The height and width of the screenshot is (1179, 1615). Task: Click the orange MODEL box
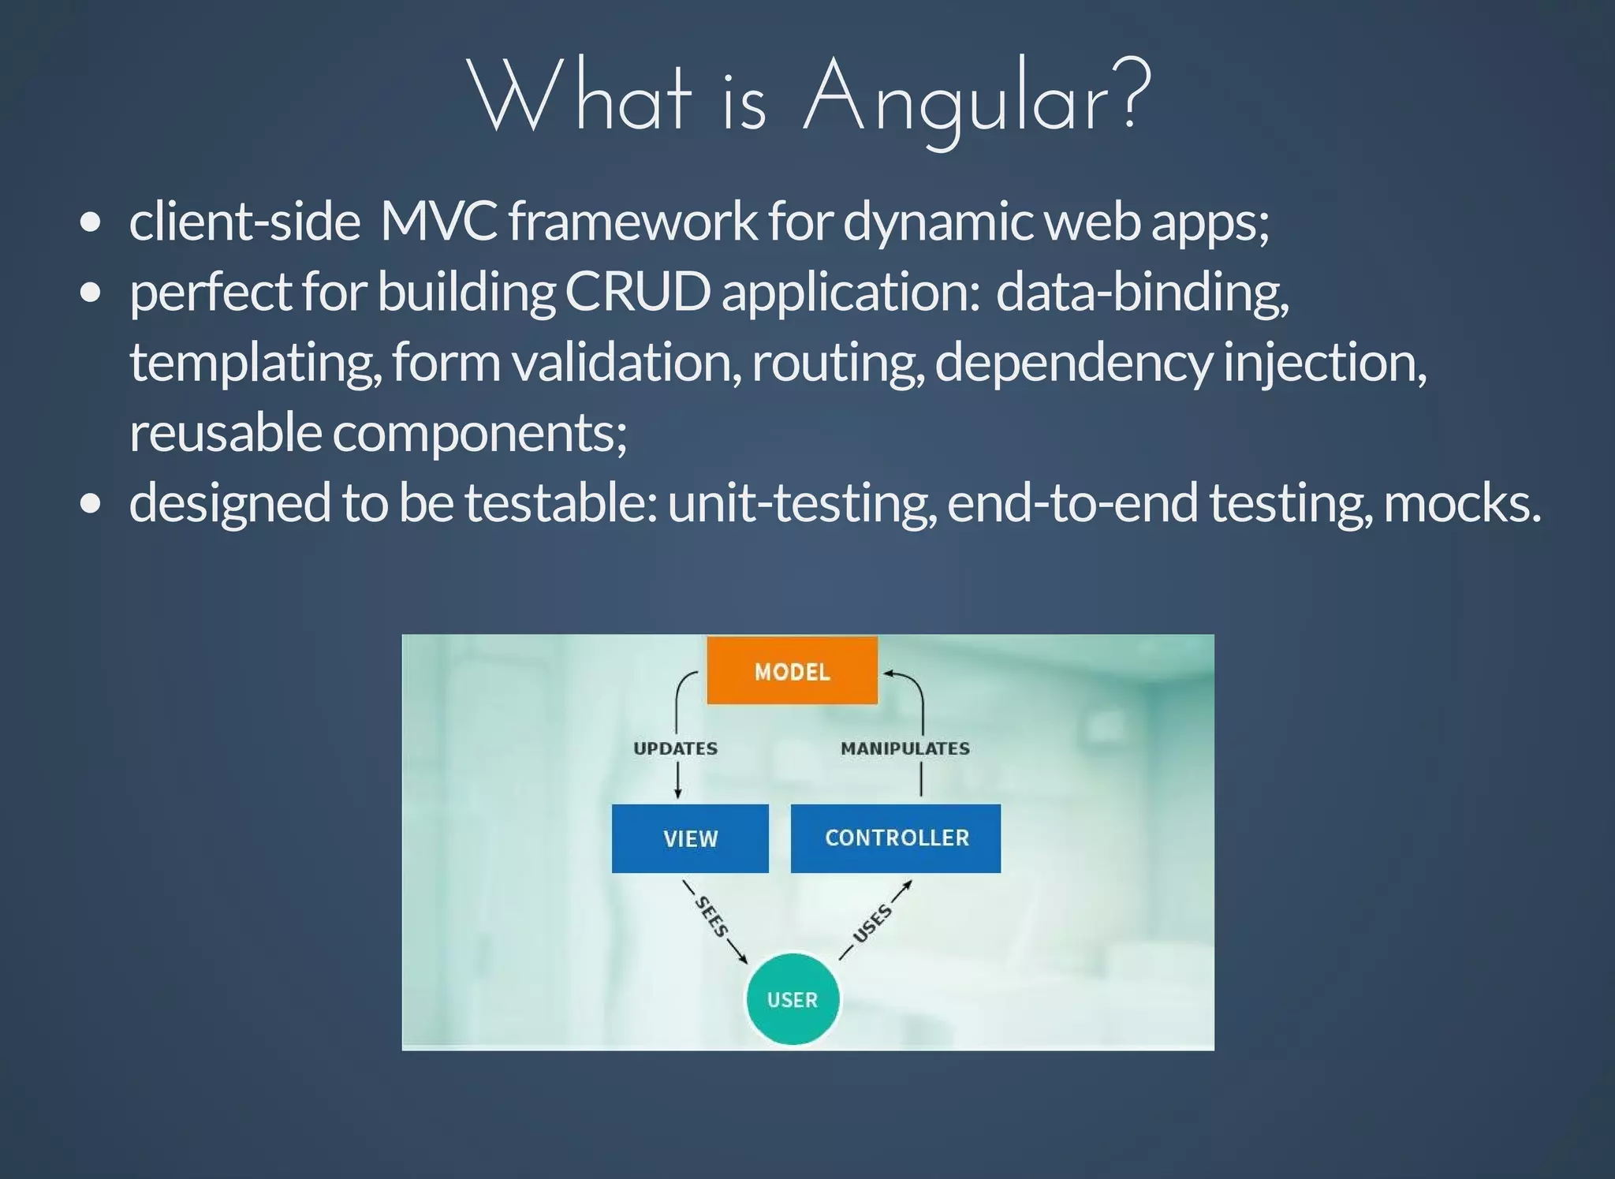(x=792, y=671)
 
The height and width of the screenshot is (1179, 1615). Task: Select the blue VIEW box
(x=690, y=838)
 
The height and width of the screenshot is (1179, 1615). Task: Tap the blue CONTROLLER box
(x=896, y=838)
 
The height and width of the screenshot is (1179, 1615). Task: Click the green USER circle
(x=793, y=999)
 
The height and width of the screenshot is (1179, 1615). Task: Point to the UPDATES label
(x=676, y=748)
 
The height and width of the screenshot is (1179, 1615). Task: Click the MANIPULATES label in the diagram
(x=905, y=748)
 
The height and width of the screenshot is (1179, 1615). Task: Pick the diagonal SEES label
(x=711, y=917)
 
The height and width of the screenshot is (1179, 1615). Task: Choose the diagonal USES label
(x=873, y=923)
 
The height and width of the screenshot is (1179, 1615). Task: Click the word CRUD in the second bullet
(x=638, y=292)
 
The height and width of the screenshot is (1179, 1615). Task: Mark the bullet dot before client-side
(x=91, y=222)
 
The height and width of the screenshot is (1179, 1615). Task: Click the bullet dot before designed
(x=91, y=504)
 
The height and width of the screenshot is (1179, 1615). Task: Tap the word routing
(x=837, y=364)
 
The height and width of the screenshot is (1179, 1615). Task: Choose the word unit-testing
(x=802, y=504)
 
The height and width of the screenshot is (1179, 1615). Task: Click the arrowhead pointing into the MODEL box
(x=887, y=673)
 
